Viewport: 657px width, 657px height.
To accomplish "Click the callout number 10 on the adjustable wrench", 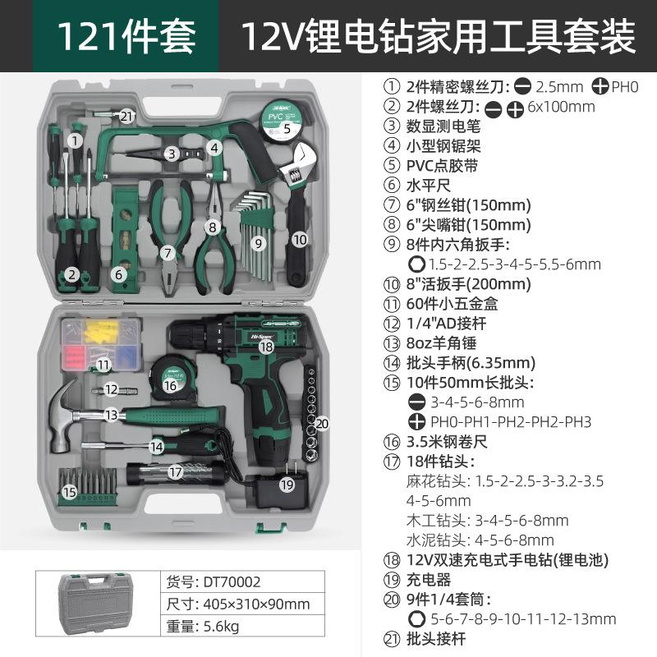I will [x=299, y=239].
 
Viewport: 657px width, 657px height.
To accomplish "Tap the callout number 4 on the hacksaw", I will [x=214, y=148].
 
